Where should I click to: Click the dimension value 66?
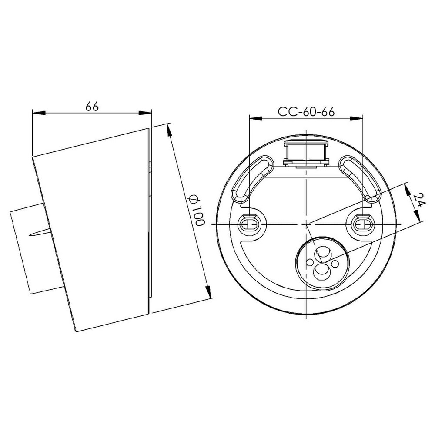click(x=92, y=106)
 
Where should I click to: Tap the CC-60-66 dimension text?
click(x=306, y=111)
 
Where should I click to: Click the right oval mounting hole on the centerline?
click(x=362, y=224)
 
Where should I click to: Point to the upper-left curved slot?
click(x=252, y=179)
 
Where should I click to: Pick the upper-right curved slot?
click(x=360, y=179)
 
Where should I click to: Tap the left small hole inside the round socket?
click(x=309, y=262)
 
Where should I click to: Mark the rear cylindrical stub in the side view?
click(x=26, y=251)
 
